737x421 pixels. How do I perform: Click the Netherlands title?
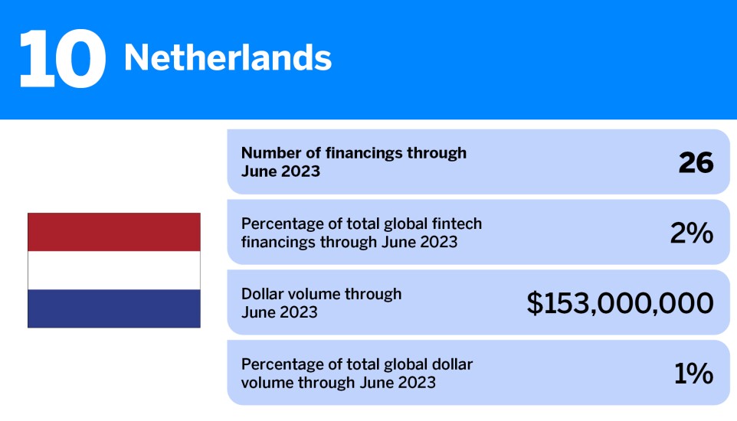click(228, 57)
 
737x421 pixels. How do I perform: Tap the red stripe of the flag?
click(114, 232)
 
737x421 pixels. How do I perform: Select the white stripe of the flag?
click(114, 270)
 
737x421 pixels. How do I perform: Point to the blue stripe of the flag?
click(114, 308)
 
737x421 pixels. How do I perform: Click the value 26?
click(696, 162)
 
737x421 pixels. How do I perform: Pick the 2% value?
click(691, 233)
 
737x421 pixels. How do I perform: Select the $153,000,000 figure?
click(620, 303)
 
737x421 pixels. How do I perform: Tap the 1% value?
click(693, 374)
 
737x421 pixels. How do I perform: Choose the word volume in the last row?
click(264, 382)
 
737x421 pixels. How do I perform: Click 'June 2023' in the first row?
click(280, 171)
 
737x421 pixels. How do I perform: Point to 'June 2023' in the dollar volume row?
click(280, 312)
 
